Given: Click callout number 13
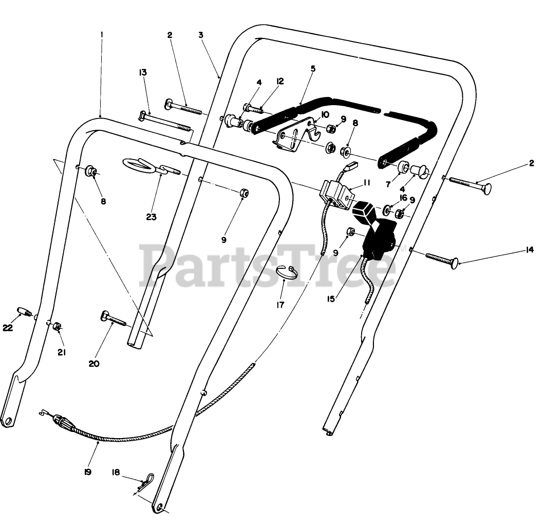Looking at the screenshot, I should pos(142,72).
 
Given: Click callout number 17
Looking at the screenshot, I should pos(280,305).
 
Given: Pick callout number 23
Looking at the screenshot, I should pos(151,216).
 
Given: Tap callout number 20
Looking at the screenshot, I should pos(93,364).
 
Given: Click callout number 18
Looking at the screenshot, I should pos(116,472).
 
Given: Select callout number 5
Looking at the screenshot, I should pos(313,68).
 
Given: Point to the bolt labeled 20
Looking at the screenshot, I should pos(114,319).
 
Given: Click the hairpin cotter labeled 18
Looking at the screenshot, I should pos(147,480).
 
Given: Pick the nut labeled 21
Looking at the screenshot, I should pos(58,327).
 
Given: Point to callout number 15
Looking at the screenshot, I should pos(331,299).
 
